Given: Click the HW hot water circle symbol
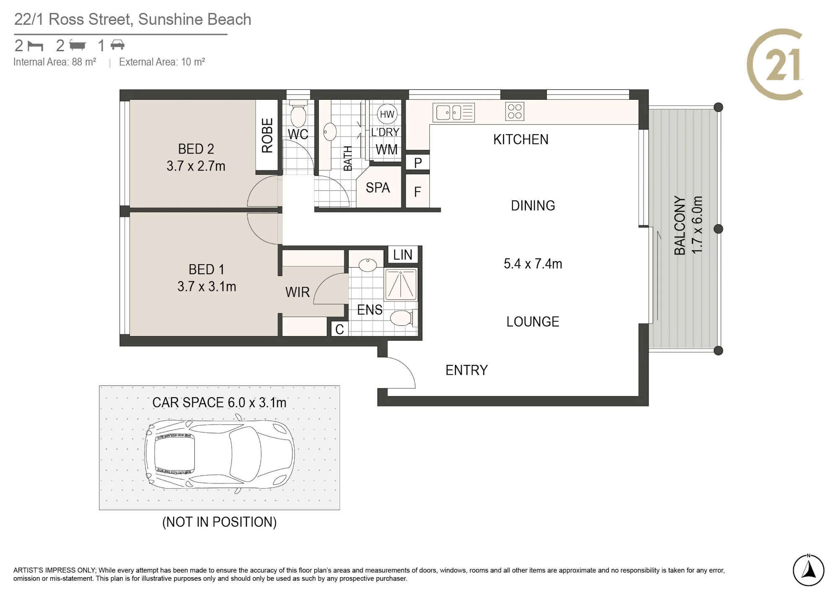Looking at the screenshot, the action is (x=387, y=114).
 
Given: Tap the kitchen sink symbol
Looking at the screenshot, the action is (x=454, y=112).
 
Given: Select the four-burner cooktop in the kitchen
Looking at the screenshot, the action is (x=515, y=112).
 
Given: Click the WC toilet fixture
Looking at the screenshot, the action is (x=298, y=114).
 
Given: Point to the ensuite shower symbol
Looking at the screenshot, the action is (x=401, y=285).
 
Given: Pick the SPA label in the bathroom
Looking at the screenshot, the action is (x=378, y=187).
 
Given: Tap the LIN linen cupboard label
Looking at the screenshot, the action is (x=403, y=255).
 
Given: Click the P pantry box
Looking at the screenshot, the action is (x=418, y=162).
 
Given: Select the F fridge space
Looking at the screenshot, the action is (x=418, y=191).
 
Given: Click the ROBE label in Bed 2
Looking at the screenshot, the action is (x=267, y=135).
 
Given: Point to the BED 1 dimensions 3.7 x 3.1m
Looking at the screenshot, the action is (x=207, y=286).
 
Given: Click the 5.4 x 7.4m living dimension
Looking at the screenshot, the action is (x=533, y=263).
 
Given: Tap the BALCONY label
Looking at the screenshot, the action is (x=679, y=225).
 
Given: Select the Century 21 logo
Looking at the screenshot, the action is (x=775, y=64).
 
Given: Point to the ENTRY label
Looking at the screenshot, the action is (x=467, y=370).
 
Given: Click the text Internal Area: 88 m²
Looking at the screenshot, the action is (x=55, y=62).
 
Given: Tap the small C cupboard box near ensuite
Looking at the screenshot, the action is (x=339, y=329).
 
